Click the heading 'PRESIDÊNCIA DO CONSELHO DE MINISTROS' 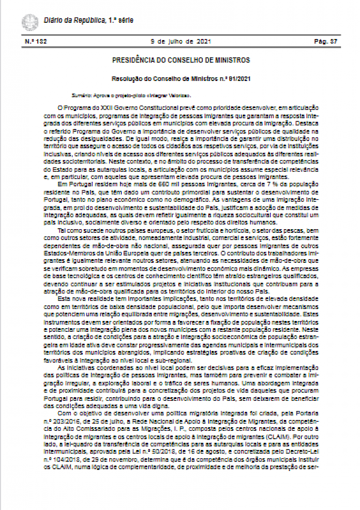(181, 61)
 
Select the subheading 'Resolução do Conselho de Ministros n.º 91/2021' (181, 79)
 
